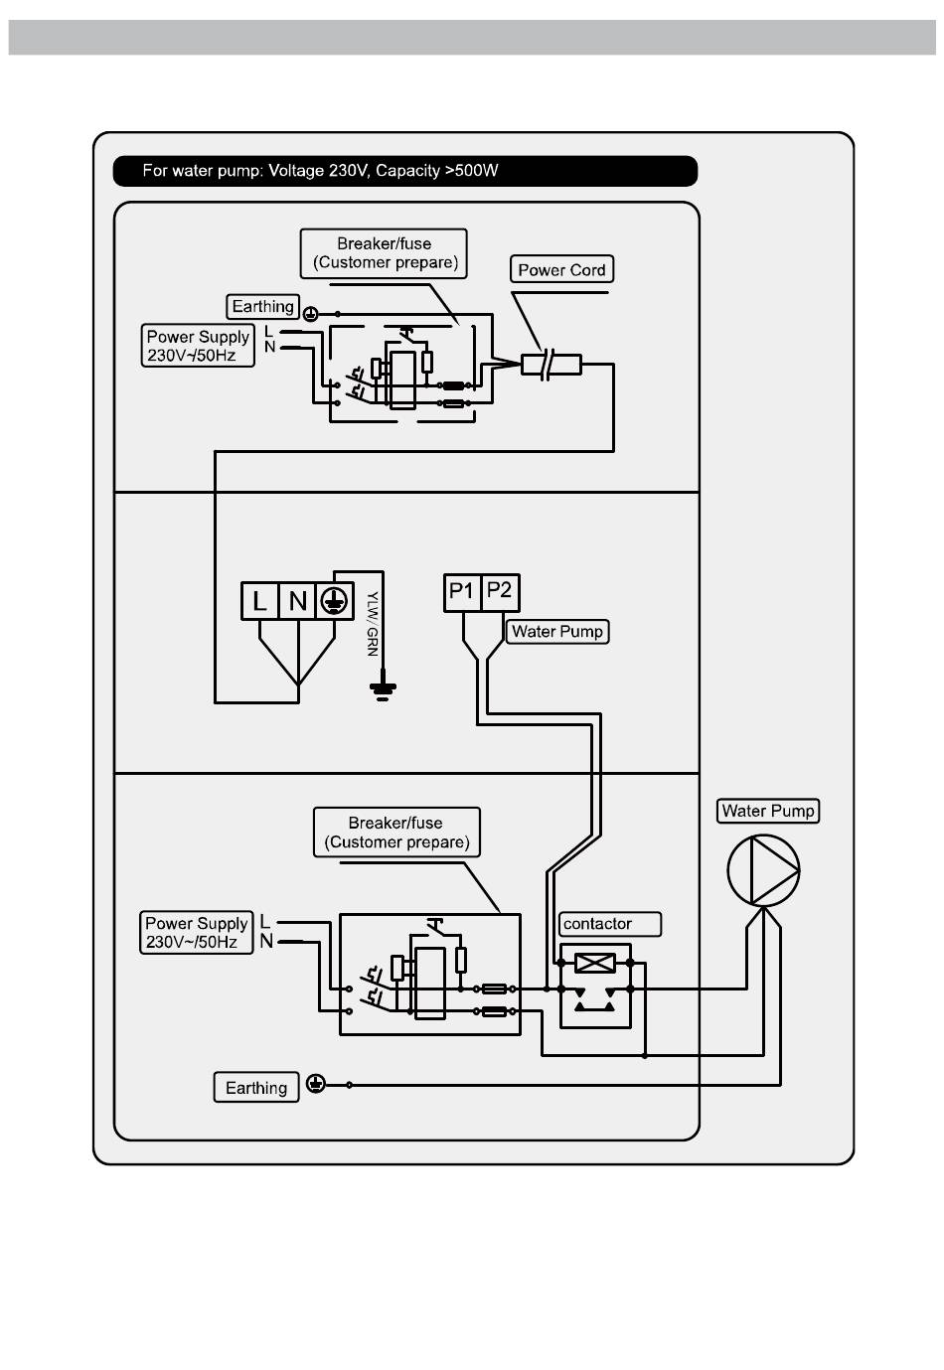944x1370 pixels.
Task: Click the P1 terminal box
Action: point(462,592)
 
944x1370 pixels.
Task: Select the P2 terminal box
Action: point(501,592)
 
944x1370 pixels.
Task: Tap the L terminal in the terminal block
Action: point(260,601)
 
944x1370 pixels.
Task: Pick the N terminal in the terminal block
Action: point(298,601)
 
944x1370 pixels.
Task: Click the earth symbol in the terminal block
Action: point(335,601)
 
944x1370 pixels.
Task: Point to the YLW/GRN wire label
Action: point(372,624)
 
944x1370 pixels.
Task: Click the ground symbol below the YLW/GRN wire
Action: point(383,690)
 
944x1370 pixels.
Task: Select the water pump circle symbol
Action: point(763,870)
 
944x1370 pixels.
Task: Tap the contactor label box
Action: point(610,924)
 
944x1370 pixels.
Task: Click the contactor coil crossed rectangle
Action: point(594,964)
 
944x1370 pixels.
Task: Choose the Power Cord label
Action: point(561,269)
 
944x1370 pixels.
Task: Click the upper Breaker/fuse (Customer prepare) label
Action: point(384,253)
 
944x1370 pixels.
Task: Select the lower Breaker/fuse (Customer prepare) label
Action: point(396,833)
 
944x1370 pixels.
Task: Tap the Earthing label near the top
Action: point(262,306)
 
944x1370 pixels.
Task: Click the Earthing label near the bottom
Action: point(256,1087)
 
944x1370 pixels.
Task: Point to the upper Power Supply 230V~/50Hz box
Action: point(198,346)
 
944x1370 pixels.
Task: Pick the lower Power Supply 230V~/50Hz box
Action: point(197,932)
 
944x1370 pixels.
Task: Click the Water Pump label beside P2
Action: point(557,631)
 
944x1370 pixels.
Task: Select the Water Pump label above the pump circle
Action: point(768,811)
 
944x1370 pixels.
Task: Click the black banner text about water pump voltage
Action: point(320,171)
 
